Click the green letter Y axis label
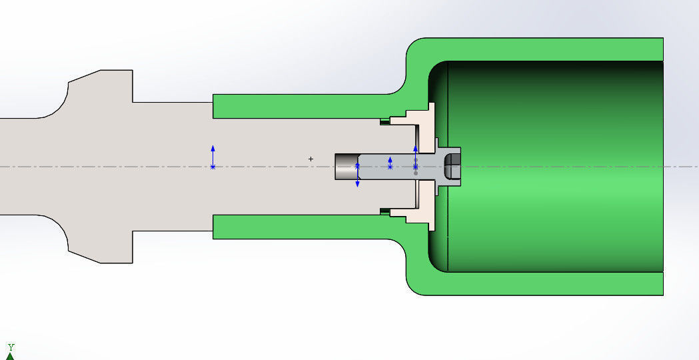[11, 347]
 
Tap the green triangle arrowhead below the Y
[10, 356]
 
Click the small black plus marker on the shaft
[311, 159]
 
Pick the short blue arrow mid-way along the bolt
[390, 161]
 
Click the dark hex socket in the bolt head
[452, 166]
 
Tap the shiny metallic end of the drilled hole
[346, 167]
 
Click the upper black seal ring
[384, 121]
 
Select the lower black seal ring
[384, 211]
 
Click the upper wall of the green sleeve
[300, 106]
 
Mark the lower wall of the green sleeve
[300, 227]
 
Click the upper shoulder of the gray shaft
[100, 87]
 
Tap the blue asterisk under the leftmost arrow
[213, 167]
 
